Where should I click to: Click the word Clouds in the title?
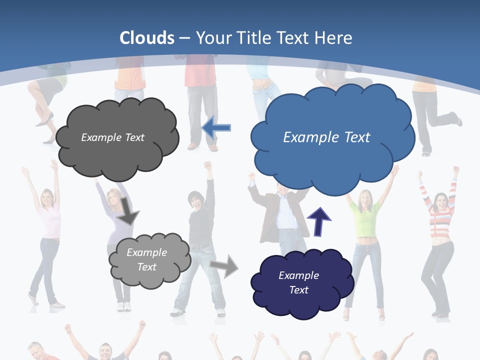pos(147,38)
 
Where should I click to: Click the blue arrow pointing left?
pos(216,127)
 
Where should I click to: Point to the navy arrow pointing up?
pos(318,221)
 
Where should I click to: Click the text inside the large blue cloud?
pos(326,137)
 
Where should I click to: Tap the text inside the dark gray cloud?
pos(112,137)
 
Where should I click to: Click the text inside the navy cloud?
pos(298,282)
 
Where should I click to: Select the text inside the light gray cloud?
pos(146,259)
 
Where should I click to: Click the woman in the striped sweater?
pos(439,235)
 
